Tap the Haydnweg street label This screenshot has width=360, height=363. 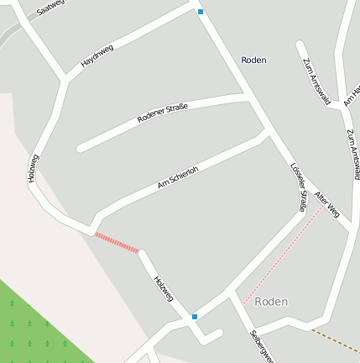tap(97, 55)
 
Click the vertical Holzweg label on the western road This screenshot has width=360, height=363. tap(34, 168)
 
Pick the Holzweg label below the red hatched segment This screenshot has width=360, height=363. tap(163, 288)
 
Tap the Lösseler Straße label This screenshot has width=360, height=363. tap(297, 187)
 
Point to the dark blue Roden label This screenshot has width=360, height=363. tap(253, 60)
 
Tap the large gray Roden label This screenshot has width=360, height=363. tap(271, 301)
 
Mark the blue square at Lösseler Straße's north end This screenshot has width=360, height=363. tap(201, 12)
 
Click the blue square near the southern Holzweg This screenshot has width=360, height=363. tap(195, 316)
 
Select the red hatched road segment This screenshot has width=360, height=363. tap(117, 242)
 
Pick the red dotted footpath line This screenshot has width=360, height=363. tap(282, 255)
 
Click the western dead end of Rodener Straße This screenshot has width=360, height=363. tap(81, 149)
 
